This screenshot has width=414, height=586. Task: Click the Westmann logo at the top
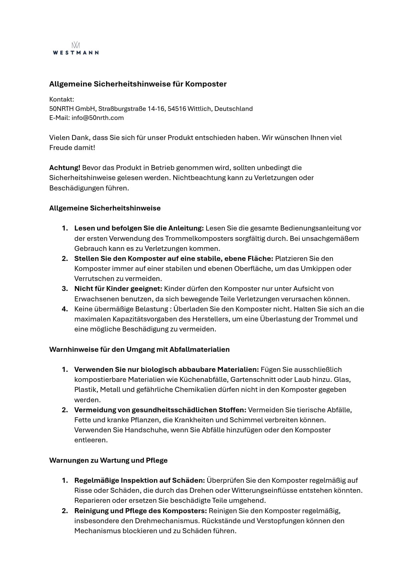tap(76, 48)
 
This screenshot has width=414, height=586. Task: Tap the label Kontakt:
tap(61, 99)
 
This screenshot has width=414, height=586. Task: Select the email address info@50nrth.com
tap(97, 118)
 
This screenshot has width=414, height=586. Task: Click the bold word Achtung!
tap(65, 167)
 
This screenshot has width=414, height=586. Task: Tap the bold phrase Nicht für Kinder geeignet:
tap(118, 288)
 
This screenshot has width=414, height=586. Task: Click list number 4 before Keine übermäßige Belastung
tap(65, 309)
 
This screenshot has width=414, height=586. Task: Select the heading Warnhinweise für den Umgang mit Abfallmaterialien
tap(139, 349)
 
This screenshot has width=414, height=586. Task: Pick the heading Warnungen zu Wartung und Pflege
tap(108, 460)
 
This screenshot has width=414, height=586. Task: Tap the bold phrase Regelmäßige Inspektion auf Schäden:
tap(139, 480)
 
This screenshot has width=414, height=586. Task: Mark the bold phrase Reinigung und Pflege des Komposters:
tap(141, 510)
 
